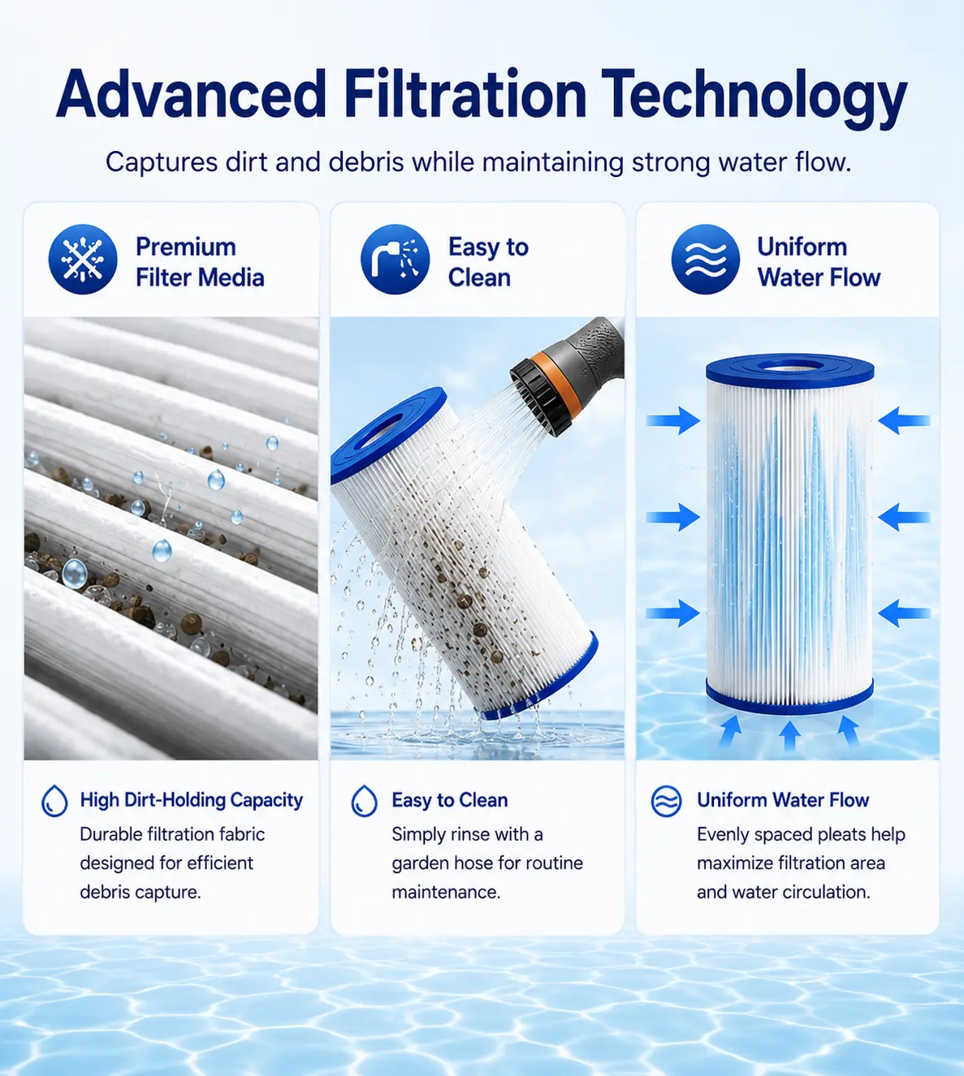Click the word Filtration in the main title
(465, 94)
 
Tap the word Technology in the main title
(754, 99)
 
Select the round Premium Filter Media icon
(83, 259)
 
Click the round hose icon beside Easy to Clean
(395, 259)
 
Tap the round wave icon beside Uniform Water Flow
(706, 259)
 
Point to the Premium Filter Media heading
(200, 262)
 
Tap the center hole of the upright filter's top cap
(790, 367)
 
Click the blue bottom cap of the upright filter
(789, 697)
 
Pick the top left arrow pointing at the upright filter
(672, 420)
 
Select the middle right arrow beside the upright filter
(904, 517)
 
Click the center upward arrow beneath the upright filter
(790, 735)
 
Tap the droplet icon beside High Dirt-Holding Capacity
(54, 801)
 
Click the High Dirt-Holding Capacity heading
(192, 800)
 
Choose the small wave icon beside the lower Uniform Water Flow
(666, 802)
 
